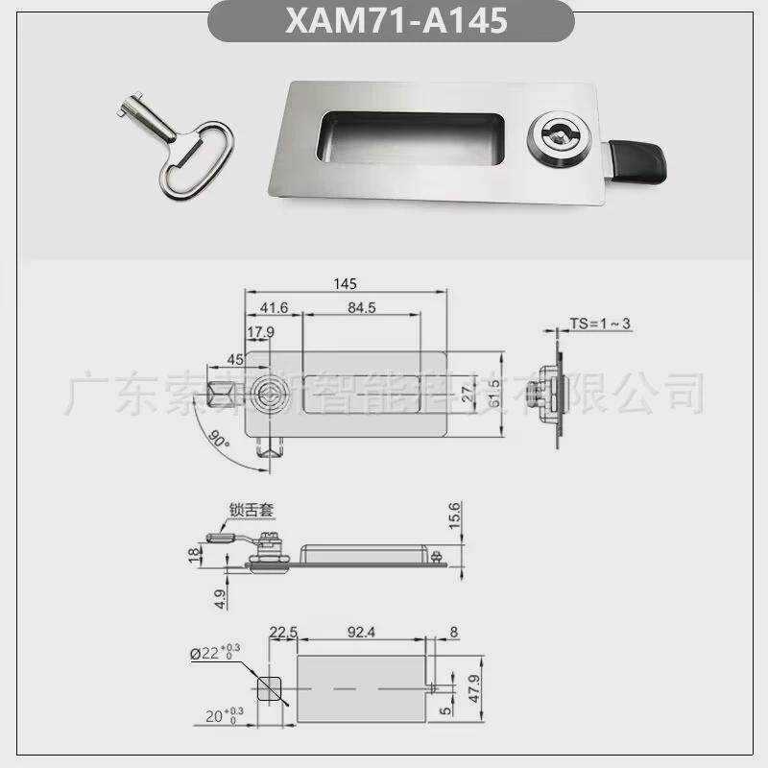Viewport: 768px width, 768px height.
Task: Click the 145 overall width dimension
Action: coord(347,283)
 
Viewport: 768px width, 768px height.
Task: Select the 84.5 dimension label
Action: coord(361,308)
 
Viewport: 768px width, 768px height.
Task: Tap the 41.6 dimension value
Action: coord(274,308)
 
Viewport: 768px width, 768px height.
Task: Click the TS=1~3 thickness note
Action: coord(600,324)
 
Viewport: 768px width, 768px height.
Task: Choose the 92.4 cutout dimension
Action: coord(361,632)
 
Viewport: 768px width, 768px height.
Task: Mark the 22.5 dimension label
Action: coord(283,632)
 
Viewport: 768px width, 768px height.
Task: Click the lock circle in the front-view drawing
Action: coord(268,393)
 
